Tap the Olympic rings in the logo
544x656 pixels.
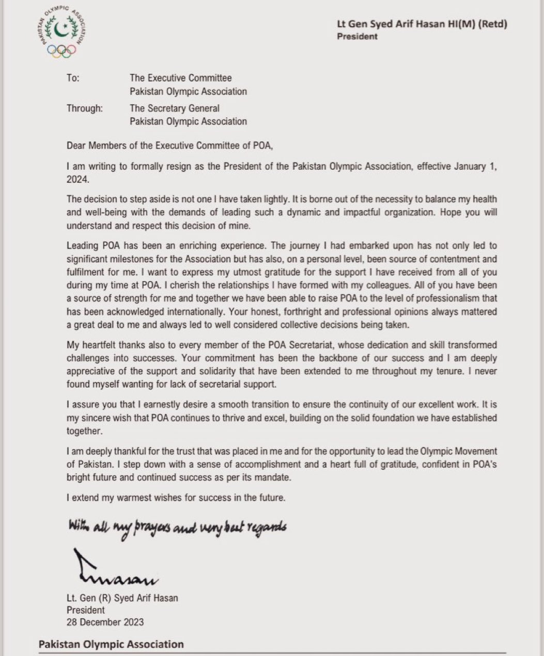click(61, 50)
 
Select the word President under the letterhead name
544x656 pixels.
click(357, 36)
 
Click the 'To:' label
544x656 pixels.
click(73, 78)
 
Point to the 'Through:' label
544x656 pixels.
click(84, 108)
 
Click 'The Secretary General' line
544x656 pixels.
click(175, 108)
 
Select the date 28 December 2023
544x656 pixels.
click(105, 622)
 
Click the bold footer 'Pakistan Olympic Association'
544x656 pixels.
click(111, 644)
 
